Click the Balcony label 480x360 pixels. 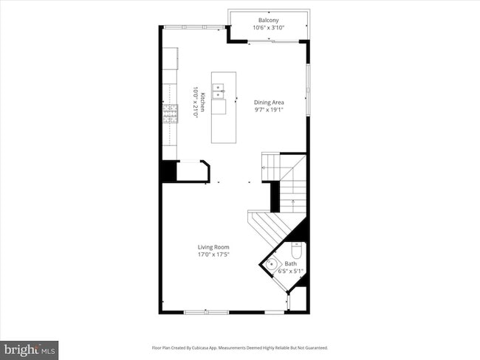point(268,20)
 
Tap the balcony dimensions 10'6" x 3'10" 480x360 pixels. point(268,27)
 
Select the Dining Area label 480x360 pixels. point(269,103)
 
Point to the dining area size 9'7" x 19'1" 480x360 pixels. point(269,110)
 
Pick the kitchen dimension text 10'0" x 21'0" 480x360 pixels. point(195,102)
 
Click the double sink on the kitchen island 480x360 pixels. point(219,91)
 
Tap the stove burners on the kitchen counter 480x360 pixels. point(171,112)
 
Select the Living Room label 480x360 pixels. point(213,247)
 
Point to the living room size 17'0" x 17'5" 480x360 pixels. point(213,255)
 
